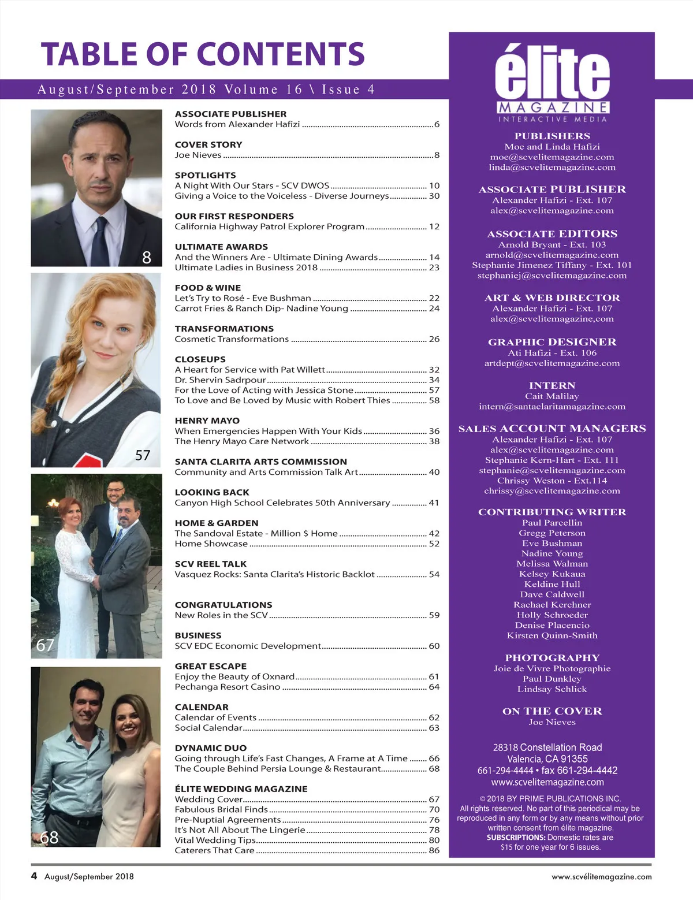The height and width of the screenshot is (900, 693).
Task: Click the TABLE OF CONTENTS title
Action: pyautogui.click(x=203, y=54)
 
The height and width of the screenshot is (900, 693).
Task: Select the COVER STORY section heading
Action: pyautogui.click(x=208, y=145)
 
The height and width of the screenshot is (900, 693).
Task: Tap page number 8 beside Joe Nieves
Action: pyautogui.click(x=437, y=155)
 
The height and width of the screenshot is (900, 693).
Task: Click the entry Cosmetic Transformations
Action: pyautogui.click(x=232, y=339)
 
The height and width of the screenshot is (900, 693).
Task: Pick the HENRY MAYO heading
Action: pyautogui.click(x=207, y=421)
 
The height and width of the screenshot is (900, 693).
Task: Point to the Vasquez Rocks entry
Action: pyautogui.click(x=274, y=574)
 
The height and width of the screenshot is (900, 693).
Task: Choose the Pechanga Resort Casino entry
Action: pyautogui.click(x=228, y=687)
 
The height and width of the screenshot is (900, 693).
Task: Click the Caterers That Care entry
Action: pyautogui.click(x=214, y=850)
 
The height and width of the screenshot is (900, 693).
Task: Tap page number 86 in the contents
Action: pyautogui.click(x=434, y=850)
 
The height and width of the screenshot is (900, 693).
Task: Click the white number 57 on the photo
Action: pyautogui.click(x=143, y=455)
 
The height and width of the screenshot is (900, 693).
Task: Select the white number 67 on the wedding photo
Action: pyautogui.click(x=45, y=645)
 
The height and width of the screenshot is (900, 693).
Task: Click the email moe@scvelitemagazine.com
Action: pyautogui.click(x=552, y=157)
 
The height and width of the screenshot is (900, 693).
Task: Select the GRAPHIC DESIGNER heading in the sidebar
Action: pyautogui.click(x=552, y=342)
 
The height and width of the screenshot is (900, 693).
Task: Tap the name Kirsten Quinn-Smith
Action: pyautogui.click(x=552, y=635)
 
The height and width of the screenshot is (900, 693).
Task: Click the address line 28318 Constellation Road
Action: pyautogui.click(x=547, y=747)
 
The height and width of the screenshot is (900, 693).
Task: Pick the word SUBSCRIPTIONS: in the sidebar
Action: pyautogui.click(x=516, y=838)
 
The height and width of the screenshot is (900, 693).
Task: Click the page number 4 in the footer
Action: pyautogui.click(x=34, y=876)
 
